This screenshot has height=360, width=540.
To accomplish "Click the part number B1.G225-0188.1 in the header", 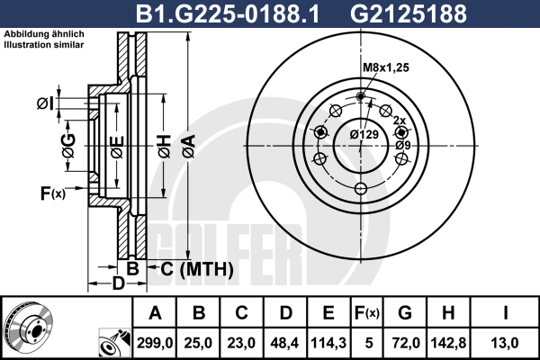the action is tap(228, 13).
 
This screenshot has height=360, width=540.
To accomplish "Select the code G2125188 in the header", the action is tap(408, 13).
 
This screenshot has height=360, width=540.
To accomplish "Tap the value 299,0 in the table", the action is tap(155, 343).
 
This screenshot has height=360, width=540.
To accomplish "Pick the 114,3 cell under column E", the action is tap(328, 343).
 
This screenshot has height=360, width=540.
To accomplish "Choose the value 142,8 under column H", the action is tap(448, 343).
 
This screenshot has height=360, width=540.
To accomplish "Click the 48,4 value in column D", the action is tap(284, 343).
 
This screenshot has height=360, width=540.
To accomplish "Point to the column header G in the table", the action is tap(405, 313).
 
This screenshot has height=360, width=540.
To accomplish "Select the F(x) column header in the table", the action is tap(367, 313).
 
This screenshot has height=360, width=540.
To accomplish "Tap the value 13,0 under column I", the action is tap(505, 343).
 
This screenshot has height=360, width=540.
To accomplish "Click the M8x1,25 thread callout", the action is tap(386, 67).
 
